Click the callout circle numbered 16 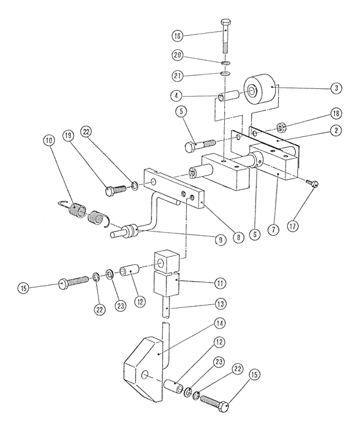177,36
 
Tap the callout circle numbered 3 336,88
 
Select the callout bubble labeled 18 336,113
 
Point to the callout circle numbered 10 49,141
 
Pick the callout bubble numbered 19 67,135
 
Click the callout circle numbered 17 293,227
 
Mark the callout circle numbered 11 221,283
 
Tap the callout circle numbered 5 181,111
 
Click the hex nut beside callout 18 281,127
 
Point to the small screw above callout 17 312,182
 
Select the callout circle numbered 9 221,240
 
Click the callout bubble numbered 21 177,76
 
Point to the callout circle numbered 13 221,304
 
